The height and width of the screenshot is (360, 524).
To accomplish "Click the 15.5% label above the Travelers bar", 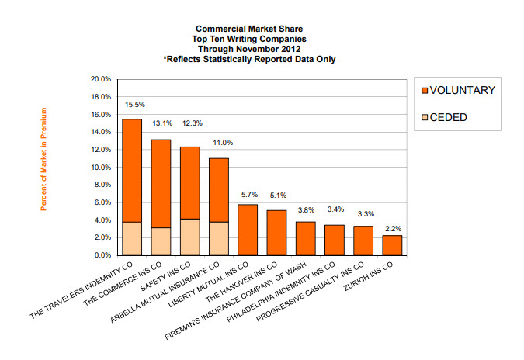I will (x=134, y=104).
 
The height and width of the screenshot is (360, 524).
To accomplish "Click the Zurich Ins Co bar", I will (x=393, y=245).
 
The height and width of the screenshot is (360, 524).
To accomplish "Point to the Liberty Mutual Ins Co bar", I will (x=248, y=230).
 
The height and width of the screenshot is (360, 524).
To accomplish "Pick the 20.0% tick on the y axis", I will (x=102, y=79).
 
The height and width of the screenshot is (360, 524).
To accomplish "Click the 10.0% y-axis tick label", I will (x=102, y=167).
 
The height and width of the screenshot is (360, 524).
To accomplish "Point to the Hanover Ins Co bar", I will (x=276, y=233).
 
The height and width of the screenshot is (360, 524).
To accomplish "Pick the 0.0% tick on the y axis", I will (x=103, y=255).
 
